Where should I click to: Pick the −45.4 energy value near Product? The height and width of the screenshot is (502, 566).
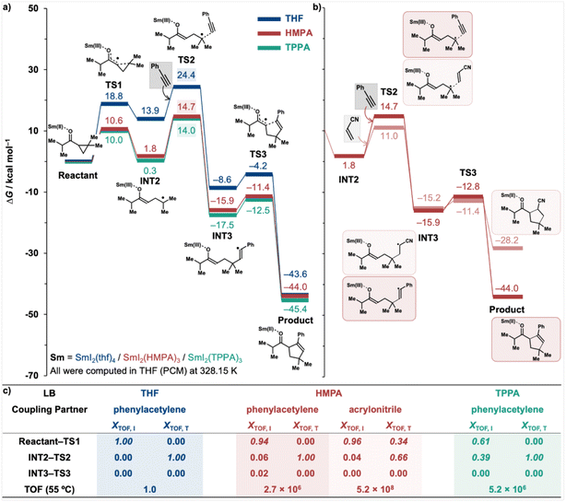[x=280, y=309]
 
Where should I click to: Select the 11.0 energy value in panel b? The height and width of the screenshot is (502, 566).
[x=389, y=135]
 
